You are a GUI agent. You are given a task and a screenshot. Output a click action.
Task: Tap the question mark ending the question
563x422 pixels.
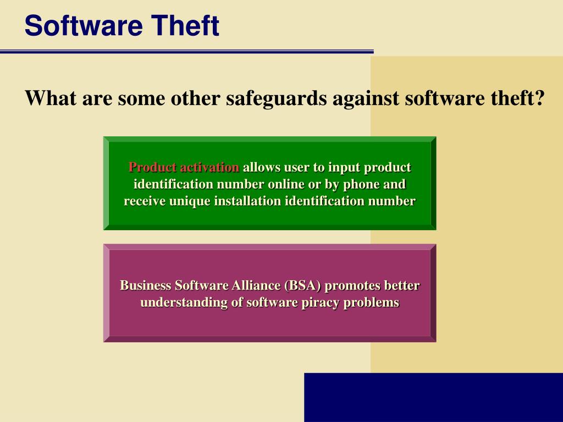click(539, 98)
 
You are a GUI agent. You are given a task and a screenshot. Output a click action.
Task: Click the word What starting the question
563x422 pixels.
click(51, 98)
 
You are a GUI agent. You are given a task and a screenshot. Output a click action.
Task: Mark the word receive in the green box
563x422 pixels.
click(145, 201)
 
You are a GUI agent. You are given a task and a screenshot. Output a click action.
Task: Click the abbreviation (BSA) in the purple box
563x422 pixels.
click(302, 286)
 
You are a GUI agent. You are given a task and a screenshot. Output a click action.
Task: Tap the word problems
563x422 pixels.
click(371, 303)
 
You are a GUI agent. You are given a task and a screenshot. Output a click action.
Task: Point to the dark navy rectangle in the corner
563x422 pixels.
click(433, 397)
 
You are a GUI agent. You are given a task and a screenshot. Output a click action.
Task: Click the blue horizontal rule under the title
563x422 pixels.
click(187, 52)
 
